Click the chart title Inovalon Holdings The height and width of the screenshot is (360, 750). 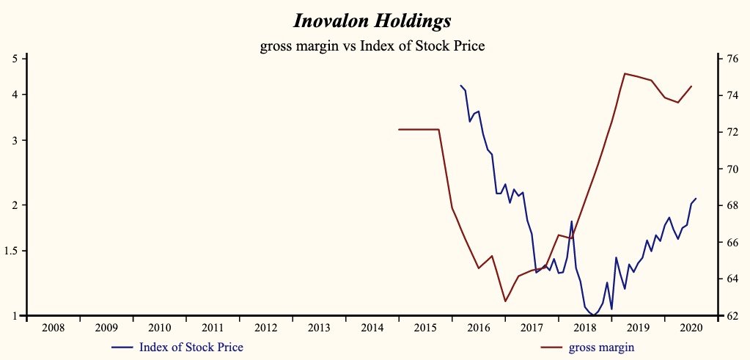pos(372,20)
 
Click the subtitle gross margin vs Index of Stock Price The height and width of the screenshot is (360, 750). pos(372,46)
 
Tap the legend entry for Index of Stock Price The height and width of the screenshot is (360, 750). pos(191,347)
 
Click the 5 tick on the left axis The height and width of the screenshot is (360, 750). pos(15,58)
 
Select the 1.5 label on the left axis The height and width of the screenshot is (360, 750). pos(12,251)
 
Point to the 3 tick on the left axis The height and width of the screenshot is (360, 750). pos(15,140)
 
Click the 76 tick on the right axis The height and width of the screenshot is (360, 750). pos(731,59)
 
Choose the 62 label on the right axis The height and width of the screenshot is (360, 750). pos(731,316)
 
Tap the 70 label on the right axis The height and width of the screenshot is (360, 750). pos(731,169)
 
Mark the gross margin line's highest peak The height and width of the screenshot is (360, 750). pos(624,73)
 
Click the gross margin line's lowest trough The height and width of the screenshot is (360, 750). pos(505,301)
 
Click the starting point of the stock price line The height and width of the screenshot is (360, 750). pos(460,85)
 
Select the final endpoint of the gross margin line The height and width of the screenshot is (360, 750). pos(691,86)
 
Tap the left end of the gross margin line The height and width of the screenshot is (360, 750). pos(399,129)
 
